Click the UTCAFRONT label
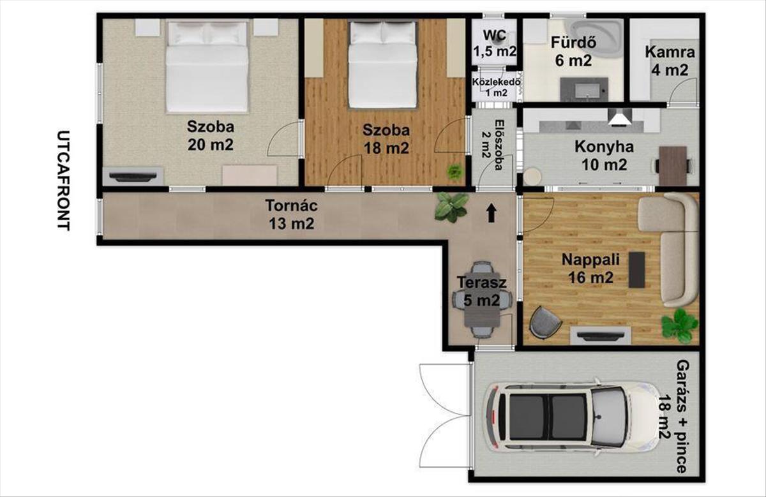pos(63,181)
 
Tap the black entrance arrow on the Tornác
pos(492,214)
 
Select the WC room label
pos(495,35)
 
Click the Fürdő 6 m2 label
pos(573,52)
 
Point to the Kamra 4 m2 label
pos(670,61)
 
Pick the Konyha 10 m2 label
pos(605,156)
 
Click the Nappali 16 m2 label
pos(590,269)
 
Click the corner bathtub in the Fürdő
pos(594,38)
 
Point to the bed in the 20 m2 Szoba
pos(207,66)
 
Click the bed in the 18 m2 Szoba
pos(383,64)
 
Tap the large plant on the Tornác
pos(451,207)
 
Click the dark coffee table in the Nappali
pos(637,270)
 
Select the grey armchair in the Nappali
pos(545,323)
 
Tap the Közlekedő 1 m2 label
pos(497,87)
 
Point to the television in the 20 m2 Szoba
pos(132,176)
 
